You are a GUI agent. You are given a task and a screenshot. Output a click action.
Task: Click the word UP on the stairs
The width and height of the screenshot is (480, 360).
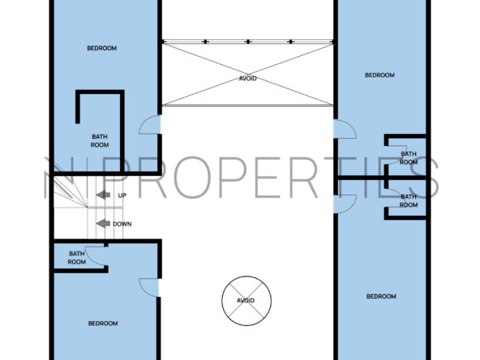coord(122,195)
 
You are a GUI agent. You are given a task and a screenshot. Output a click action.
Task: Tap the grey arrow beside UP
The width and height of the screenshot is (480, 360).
coord(103,195)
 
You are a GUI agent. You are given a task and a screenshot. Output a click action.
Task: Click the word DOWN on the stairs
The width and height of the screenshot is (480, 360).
coord(122,224)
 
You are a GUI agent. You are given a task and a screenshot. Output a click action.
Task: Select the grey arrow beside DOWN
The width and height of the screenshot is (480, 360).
coord(103,224)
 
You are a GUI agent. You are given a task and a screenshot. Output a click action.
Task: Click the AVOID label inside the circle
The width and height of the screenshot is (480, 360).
coord(246,301)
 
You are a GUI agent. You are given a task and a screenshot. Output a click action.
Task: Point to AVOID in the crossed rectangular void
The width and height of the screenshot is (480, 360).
coord(247,79)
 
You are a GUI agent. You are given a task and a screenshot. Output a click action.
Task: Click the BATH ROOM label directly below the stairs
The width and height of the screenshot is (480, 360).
coord(76,258)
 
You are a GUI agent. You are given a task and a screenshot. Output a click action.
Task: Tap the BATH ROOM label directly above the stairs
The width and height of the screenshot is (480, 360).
coord(100,141)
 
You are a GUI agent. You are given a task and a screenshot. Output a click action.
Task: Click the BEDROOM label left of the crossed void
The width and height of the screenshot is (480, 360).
coord(101,48)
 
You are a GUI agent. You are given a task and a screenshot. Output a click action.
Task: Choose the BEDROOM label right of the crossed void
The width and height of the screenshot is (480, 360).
coord(379,75)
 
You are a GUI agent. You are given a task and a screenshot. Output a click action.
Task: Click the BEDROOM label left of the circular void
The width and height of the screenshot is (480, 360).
coord(103,324)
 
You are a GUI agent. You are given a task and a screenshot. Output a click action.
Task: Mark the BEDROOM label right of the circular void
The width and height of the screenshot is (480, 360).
coord(381,296)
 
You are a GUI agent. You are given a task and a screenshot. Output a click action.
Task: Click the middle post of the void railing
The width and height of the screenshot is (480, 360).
coord(248,41)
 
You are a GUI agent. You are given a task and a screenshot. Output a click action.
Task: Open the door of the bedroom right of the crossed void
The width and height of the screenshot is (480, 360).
coord(345,129)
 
